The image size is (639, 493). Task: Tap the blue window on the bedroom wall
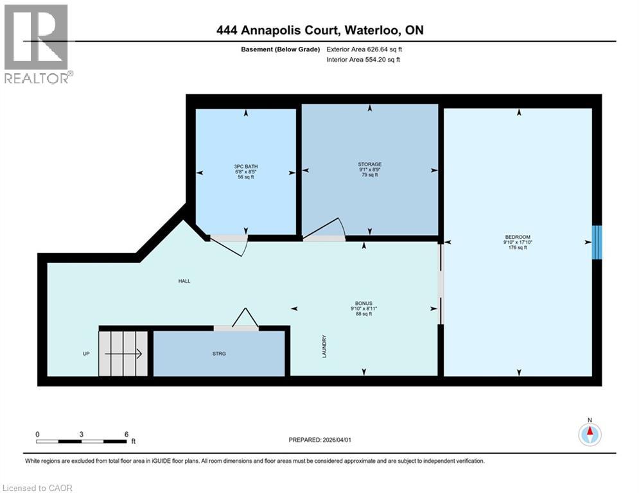tap(597, 242)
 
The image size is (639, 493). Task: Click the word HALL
tap(185, 281)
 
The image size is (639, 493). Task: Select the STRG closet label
tap(219, 354)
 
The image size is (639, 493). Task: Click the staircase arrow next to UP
tap(123, 353)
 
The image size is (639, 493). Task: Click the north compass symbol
tap(589, 434)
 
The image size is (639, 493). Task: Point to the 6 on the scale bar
tap(125, 434)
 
